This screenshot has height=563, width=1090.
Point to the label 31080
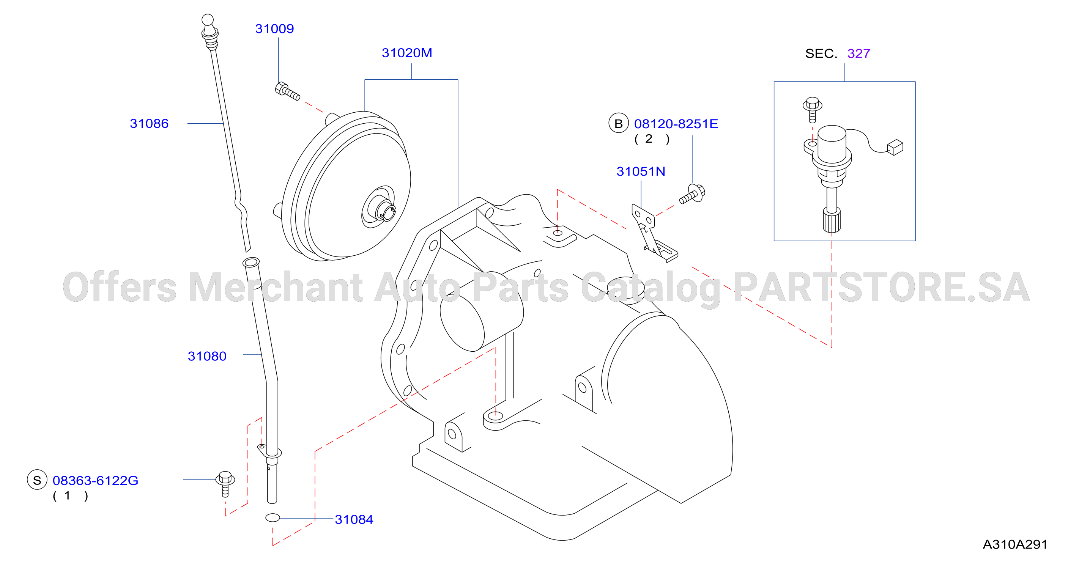(207, 356)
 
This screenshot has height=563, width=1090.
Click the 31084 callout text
(354, 519)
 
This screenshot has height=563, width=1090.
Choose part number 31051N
(641, 171)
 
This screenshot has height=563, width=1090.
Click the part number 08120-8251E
(676, 124)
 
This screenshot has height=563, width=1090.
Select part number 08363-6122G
(95, 481)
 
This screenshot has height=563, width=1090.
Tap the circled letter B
(618, 124)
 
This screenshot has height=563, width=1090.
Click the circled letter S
(37, 480)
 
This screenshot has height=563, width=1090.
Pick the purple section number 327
(858, 54)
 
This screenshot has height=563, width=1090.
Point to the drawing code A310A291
(1015, 544)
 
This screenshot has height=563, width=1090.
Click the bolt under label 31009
(287, 91)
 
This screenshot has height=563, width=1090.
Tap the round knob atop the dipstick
(208, 19)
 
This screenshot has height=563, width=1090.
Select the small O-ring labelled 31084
(272, 517)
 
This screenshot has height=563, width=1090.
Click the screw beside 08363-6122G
(225, 483)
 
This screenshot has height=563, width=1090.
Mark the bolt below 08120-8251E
(692, 194)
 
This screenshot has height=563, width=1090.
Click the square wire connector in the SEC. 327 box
(895, 147)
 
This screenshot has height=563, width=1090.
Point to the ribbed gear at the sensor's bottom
(832, 220)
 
